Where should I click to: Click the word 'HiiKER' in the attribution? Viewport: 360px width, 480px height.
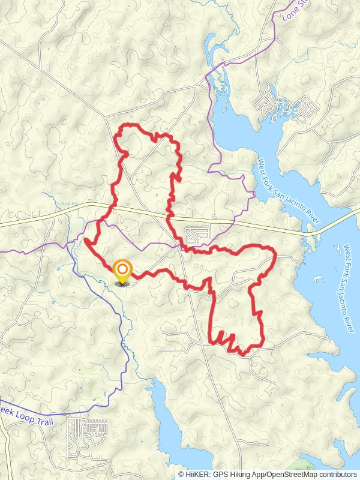(x=198, y=474)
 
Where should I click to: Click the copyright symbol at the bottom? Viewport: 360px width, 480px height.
(x=181, y=474)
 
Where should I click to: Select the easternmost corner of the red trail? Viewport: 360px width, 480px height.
(x=275, y=254)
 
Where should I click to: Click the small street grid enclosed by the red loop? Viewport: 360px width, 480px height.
(x=197, y=232)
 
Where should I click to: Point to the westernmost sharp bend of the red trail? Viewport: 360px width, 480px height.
(x=85, y=241)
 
